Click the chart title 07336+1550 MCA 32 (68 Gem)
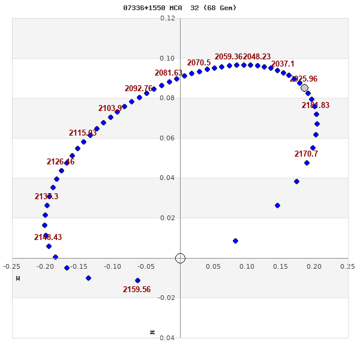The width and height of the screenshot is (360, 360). pyautogui.click(x=180, y=8)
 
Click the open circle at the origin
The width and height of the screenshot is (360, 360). pyautogui.click(x=180, y=258)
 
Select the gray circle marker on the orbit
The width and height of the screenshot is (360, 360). pyautogui.click(x=304, y=88)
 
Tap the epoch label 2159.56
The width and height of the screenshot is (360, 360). pyautogui.click(x=137, y=290)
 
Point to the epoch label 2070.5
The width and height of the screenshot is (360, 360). pyautogui.click(x=199, y=63)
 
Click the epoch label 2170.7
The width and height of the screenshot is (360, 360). pyautogui.click(x=306, y=154)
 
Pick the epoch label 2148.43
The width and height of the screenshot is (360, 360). pyautogui.click(x=48, y=238)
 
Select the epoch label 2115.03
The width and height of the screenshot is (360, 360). pyautogui.click(x=83, y=133)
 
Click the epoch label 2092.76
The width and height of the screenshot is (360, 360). pyautogui.click(x=139, y=89)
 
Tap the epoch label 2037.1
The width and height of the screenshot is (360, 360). pyautogui.click(x=283, y=64)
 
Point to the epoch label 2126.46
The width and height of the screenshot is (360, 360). pyautogui.click(x=61, y=162)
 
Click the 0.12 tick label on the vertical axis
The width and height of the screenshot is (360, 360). pyautogui.click(x=167, y=19)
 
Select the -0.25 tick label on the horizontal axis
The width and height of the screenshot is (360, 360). pyautogui.click(x=12, y=266)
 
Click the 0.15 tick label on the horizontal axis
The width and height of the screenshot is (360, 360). pyautogui.click(x=280, y=266)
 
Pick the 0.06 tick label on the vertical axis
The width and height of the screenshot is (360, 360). pyautogui.click(x=167, y=138)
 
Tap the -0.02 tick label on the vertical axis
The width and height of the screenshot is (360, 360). pyautogui.click(x=166, y=298)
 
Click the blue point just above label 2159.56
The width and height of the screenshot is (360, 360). pyautogui.click(x=137, y=280)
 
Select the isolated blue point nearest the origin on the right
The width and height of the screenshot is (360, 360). pyautogui.click(x=235, y=241)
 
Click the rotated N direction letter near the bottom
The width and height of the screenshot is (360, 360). pyautogui.click(x=152, y=332)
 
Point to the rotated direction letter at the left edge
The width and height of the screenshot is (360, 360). pyautogui.click(x=18, y=278)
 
